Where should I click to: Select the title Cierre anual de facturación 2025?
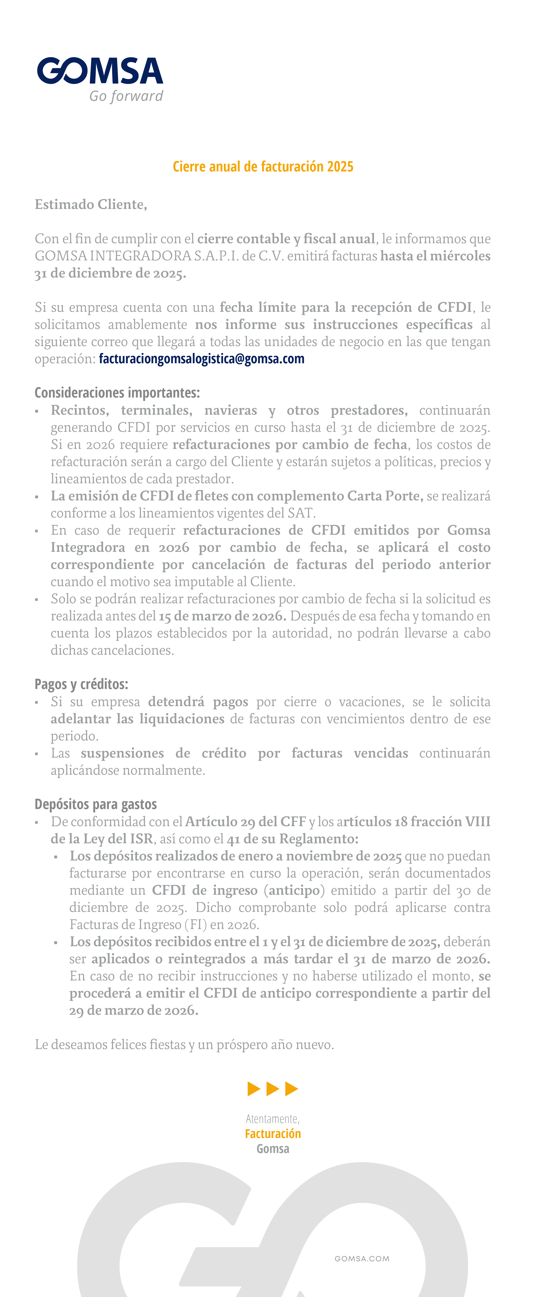pos(263,167)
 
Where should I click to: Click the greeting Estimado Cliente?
pos(91,204)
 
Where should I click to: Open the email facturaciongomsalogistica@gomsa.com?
pos(201,359)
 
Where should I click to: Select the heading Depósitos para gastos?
pos(96,804)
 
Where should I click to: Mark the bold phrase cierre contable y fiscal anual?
pos(286,239)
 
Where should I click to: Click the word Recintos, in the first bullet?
pos(79,410)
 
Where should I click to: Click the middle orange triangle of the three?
pos(273,1089)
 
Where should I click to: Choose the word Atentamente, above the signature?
pos(273,1119)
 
